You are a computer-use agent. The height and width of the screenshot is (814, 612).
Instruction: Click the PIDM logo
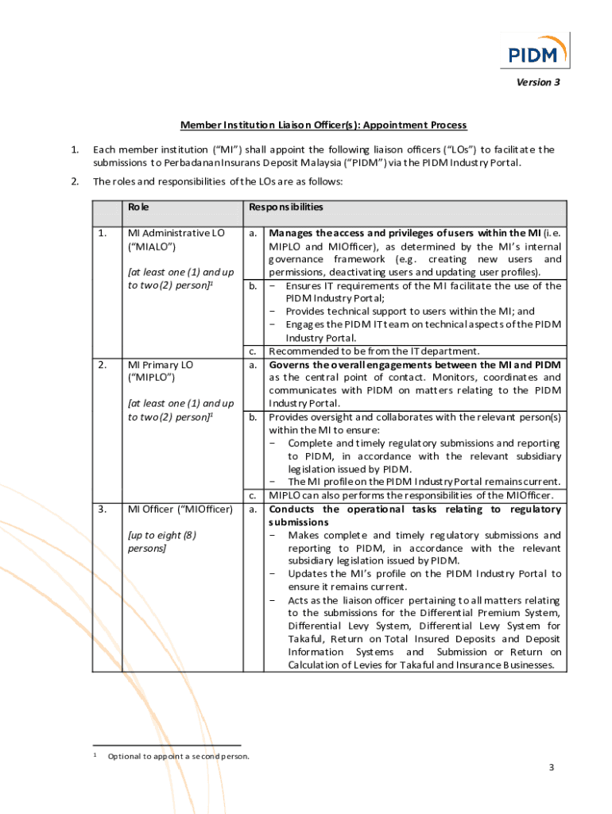click(x=539, y=50)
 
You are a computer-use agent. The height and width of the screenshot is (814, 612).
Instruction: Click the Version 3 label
click(x=538, y=83)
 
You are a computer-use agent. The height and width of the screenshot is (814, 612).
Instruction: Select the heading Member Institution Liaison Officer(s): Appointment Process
click(x=323, y=125)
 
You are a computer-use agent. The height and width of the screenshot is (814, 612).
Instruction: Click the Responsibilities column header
click(x=286, y=207)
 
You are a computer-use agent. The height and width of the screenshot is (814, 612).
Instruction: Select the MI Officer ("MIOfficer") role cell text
click(x=180, y=509)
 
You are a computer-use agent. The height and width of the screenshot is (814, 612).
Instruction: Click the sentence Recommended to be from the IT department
click(x=374, y=351)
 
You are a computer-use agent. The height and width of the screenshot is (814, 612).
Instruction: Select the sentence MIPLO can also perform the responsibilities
click(x=411, y=496)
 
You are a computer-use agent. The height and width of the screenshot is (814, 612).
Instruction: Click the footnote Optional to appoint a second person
click(x=178, y=756)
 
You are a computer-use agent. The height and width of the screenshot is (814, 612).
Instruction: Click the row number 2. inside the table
click(x=103, y=365)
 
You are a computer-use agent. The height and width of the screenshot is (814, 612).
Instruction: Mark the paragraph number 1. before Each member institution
click(x=74, y=149)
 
